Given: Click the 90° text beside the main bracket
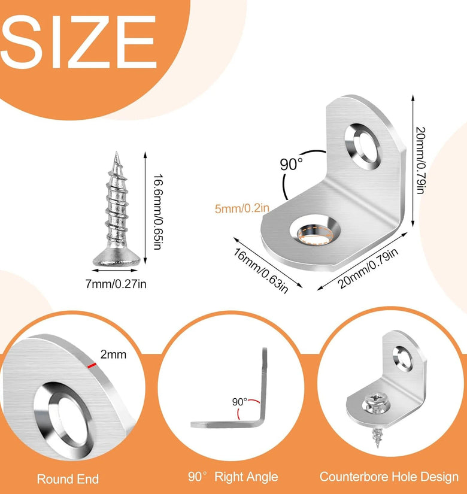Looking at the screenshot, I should point(292,164).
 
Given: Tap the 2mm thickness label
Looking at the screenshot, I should point(113,354).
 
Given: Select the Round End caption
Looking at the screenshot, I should point(68,479).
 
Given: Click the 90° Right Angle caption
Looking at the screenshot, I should point(233,477).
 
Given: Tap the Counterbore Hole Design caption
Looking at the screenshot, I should point(389,477).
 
